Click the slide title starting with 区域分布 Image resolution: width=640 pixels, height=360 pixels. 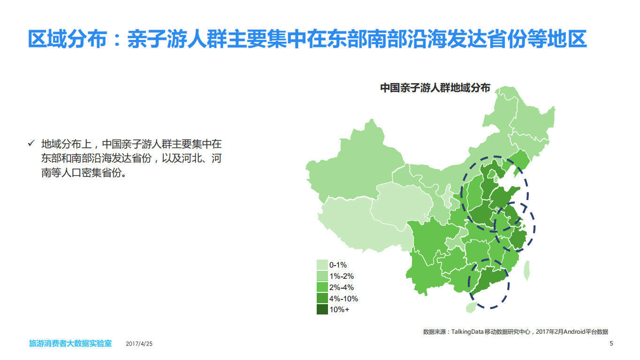(x=307, y=39)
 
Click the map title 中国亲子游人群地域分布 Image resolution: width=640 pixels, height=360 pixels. (x=434, y=88)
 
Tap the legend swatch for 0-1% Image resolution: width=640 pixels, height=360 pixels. (x=322, y=265)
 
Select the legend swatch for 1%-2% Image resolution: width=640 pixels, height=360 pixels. (x=322, y=276)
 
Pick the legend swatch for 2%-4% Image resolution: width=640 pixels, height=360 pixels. (x=322, y=287)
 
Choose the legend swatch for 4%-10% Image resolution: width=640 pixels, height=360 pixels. (x=322, y=299)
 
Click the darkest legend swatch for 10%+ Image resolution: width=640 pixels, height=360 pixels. (x=322, y=309)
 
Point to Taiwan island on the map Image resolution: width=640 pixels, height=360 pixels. (x=527, y=271)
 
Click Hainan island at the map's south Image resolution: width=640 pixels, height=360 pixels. (x=470, y=307)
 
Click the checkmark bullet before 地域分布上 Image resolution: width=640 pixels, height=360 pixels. (x=31, y=143)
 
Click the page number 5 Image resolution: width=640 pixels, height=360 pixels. (x=611, y=344)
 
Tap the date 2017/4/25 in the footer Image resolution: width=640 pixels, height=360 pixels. (x=139, y=344)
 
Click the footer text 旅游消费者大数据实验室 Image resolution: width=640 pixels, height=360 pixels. (x=70, y=344)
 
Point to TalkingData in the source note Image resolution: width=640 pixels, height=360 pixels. (x=468, y=331)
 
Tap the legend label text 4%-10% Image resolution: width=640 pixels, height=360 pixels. (x=343, y=299)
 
